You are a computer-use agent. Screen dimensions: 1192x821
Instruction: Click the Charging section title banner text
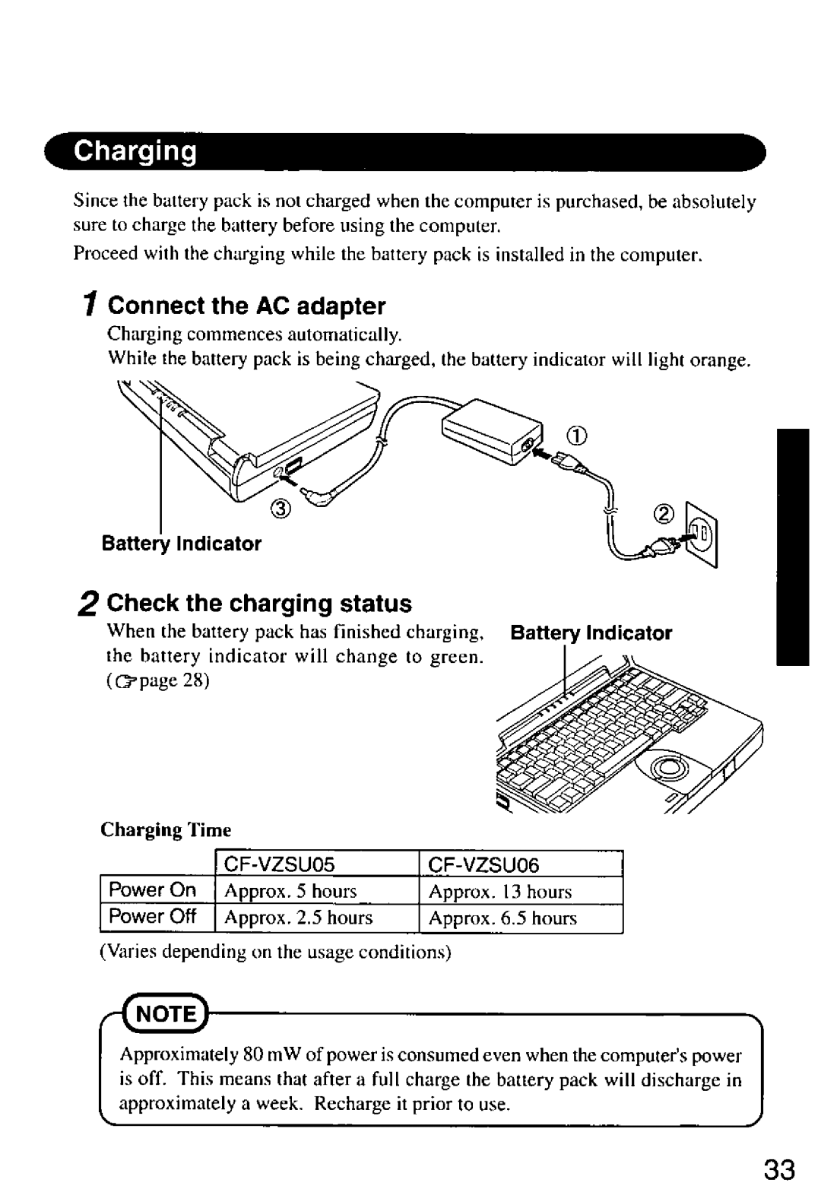tap(135, 152)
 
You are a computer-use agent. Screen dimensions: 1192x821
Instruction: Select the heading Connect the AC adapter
tap(246, 306)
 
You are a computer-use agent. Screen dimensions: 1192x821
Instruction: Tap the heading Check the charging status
tap(258, 604)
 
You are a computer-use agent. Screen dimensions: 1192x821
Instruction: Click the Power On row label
tap(153, 890)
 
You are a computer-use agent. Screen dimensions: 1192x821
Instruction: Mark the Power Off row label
tap(153, 917)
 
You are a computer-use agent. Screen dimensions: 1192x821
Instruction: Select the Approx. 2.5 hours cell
tap(299, 918)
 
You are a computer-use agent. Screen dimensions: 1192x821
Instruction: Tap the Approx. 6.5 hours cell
tap(502, 918)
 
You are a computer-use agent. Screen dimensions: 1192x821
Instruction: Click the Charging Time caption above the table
tap(166, 829)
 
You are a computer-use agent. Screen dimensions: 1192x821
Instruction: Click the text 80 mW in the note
tap(264, 1057)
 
